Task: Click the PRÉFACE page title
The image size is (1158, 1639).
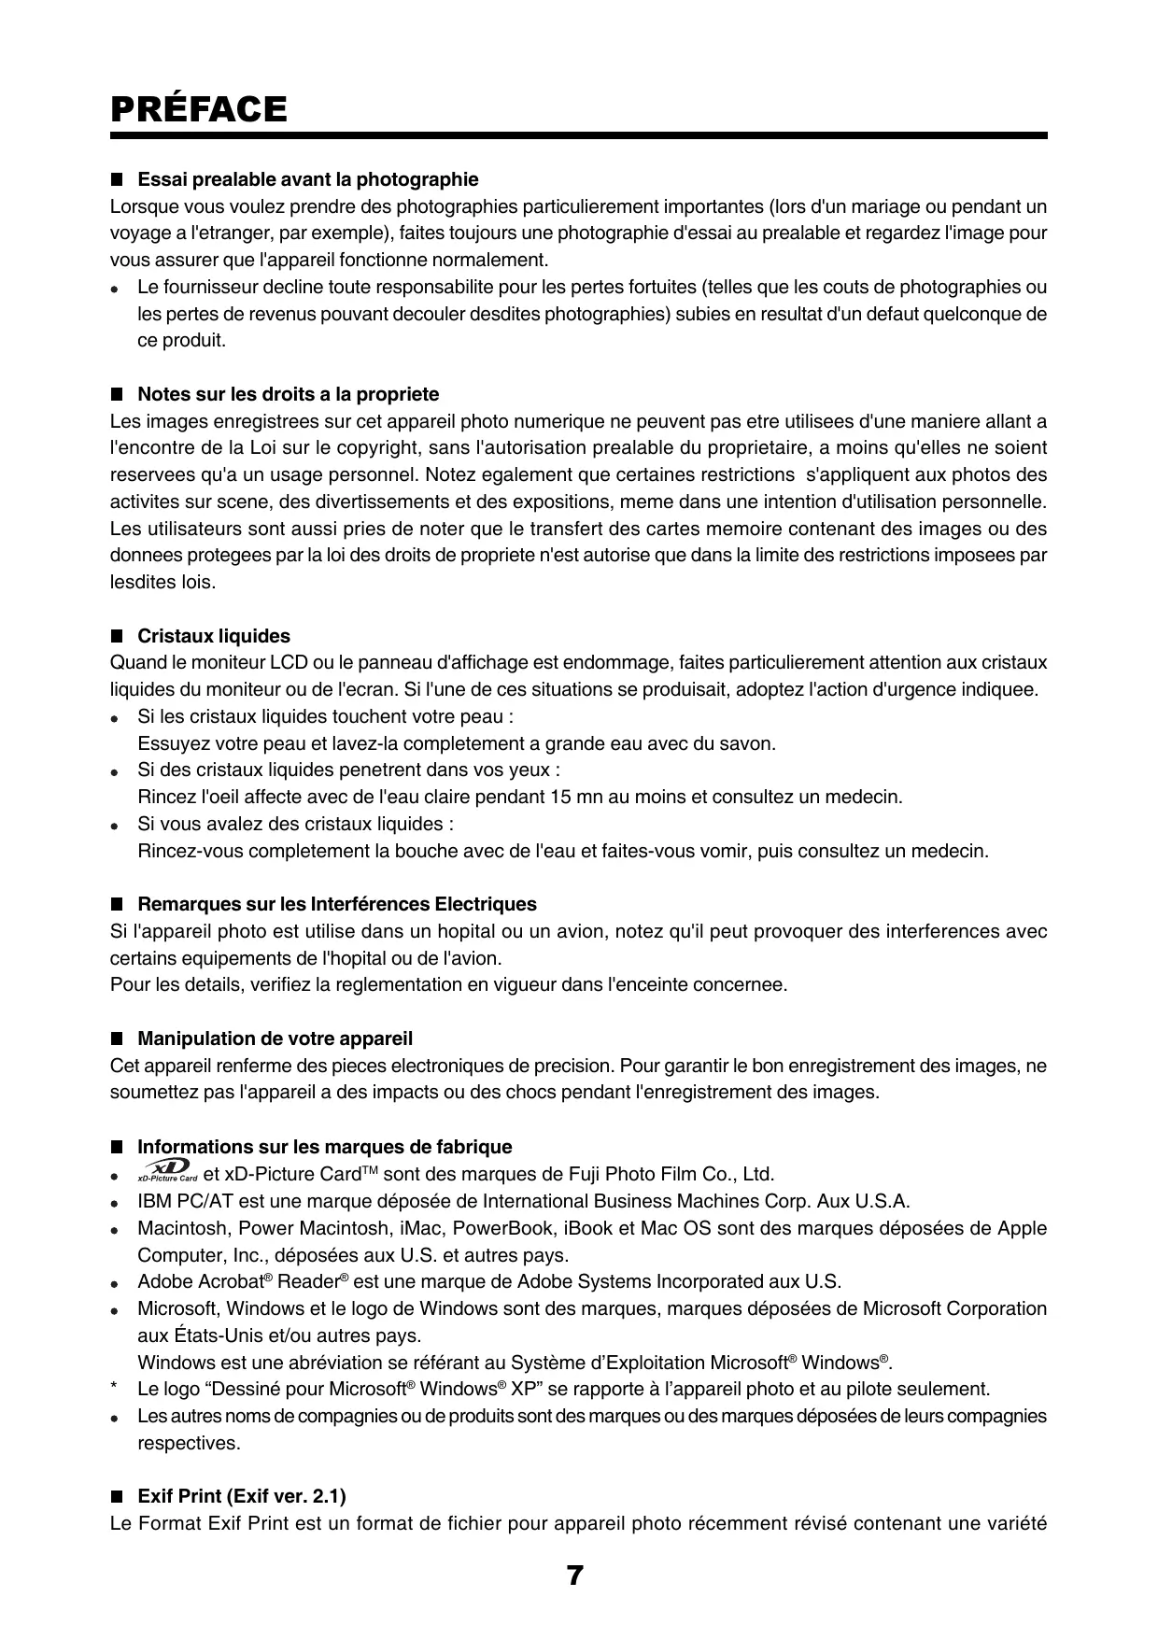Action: click(198, 109)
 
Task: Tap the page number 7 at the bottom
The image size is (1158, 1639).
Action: click(575, 1576)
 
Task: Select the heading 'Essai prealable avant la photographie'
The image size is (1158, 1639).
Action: click(307, 179)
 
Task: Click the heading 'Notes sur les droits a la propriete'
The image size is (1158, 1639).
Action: click(288, 394)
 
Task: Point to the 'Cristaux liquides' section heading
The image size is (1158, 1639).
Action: click(214, 636)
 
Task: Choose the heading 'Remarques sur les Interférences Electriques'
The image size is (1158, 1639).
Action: click(337, 904)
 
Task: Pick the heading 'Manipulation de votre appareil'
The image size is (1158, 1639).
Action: click(275, 1039)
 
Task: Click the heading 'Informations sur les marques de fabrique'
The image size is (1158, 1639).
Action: click(325, 1147)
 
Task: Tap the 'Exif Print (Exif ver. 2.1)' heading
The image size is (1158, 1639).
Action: click(242, 1497)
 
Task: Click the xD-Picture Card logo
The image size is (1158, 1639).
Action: click(166, 1172)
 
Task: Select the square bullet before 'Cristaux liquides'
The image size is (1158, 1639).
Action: click(117, 636)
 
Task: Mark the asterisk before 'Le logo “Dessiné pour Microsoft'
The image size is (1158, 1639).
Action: click(113, 1390)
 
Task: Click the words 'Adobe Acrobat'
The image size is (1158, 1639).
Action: click(199, 1282)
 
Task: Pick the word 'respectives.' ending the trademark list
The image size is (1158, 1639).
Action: click(189, 1443)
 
